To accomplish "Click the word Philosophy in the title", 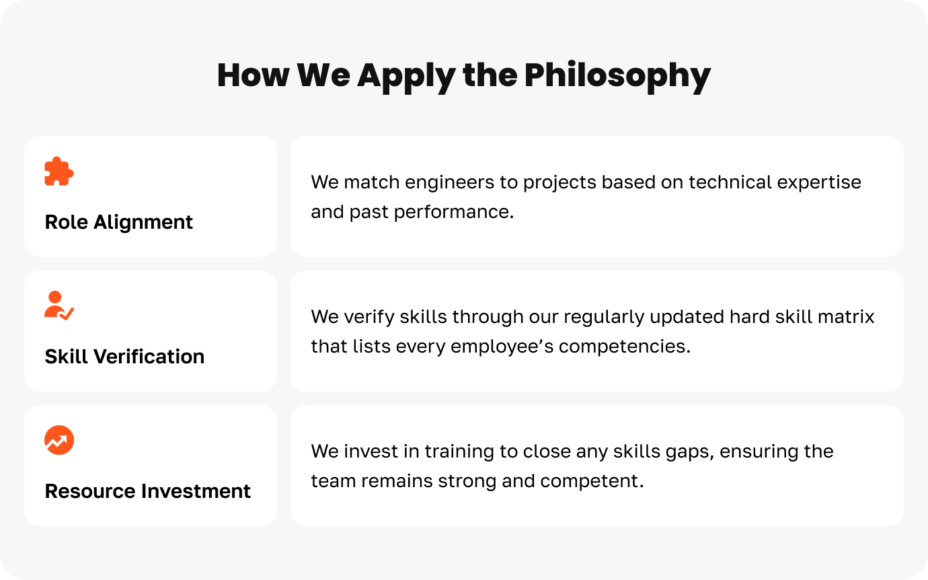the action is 617,76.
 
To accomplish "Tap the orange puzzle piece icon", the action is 59,171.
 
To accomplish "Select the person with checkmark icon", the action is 59,305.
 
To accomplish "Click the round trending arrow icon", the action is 59,440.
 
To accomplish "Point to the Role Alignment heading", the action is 119,222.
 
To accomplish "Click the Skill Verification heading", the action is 124,357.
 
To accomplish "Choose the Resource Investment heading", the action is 147,491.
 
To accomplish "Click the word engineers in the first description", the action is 449,183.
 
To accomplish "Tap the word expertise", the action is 819,183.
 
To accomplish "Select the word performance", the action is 454,213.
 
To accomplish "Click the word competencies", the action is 625,347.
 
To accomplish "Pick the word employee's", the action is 502,347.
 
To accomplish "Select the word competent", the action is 592,482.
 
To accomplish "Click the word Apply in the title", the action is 406,76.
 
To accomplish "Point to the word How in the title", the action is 253,75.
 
